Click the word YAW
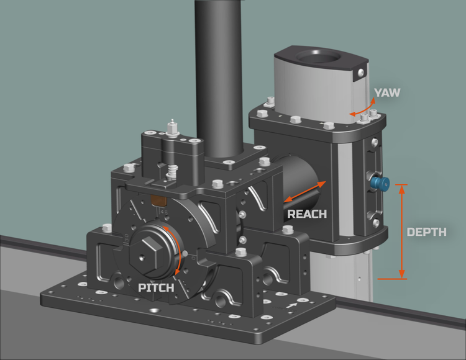[387, 92]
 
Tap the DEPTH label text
[426, 232]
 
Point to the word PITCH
[157, 288]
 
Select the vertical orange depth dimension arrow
[401, 232]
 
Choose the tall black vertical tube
[217, 74]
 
